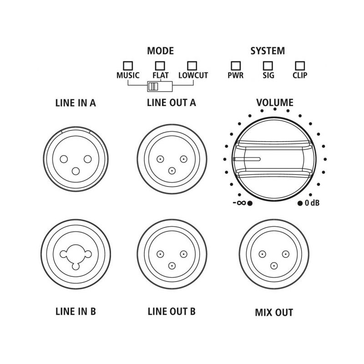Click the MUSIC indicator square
click(x=128, y=66)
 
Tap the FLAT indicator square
click(x=160, y=66)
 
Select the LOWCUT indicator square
click(x=192, y=66)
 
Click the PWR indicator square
click(x=236, y=66)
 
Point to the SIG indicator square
click(x=268, y=66)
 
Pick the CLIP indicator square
click(x=300, y=66)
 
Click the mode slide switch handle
click(x=153, y=86)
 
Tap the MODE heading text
click(x=161, y=51)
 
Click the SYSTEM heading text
click(x=268, y=51)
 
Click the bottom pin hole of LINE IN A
click(x=76, y=172)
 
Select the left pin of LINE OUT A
click(x=160, y=159)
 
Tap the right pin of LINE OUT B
click(x=183, y=254)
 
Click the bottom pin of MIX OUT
click(x=274, y=266)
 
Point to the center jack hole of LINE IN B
click(x=76, y=254)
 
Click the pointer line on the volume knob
click(x=247, y=159)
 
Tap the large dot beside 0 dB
click(x=300, y=203)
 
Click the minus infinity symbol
click(x=239, y=203)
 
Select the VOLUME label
click(x=275, y=103)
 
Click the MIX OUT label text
click(x=274, y=313)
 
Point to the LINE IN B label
click(x=76, y=312)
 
